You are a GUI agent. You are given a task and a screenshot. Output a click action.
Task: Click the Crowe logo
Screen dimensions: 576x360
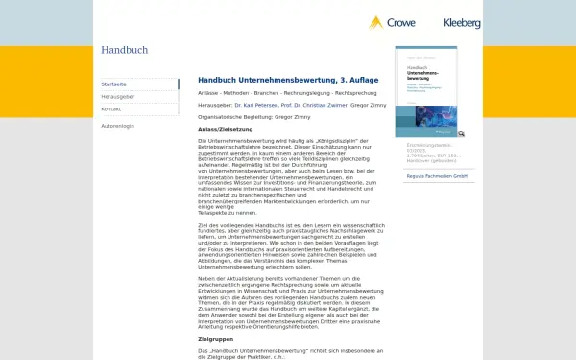[x=388, y=22]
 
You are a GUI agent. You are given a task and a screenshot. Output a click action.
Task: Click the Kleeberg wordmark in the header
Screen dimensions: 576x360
[x=462, y=22]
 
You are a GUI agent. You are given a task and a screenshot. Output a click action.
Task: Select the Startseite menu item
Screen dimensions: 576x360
[x=114, y=84]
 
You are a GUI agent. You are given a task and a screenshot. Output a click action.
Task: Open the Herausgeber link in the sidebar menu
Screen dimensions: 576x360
[x=117, y=97]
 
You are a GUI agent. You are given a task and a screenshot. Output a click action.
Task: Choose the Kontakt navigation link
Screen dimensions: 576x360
[x=111, y=109]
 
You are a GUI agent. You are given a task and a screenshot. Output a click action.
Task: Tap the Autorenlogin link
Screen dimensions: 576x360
[x=118, y=126]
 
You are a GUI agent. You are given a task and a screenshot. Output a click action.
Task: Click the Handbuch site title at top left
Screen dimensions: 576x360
[x=124, y=50]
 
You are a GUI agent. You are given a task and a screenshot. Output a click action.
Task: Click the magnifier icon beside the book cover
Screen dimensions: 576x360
[x=462, y=134]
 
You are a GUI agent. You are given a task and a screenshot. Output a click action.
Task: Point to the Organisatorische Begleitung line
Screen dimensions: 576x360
[x=255, y=116]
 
